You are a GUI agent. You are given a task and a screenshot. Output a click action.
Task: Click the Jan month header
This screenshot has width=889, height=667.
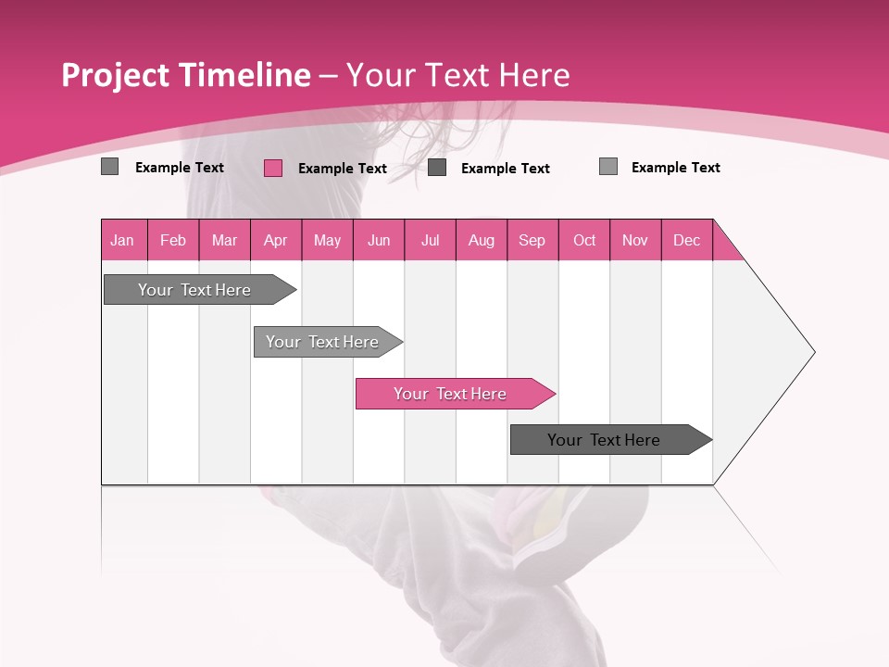tap(123, 240)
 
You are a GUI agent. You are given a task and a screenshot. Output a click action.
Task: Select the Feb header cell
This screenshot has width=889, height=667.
tap(173, 240)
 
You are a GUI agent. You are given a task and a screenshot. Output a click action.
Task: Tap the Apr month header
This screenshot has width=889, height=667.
tap(276, 240)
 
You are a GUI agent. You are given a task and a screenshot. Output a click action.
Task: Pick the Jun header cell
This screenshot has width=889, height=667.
tap(379, 240)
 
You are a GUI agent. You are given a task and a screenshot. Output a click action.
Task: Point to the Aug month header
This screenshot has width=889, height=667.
tap(482, 240)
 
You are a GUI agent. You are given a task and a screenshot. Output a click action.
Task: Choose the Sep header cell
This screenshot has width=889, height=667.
tap(532, 240)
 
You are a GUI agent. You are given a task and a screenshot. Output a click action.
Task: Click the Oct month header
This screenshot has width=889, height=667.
tap(584, 240)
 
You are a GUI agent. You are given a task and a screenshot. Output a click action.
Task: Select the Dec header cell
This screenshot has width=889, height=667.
tap(687, 240)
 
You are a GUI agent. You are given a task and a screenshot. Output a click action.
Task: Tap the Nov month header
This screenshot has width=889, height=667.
tap(635, 240)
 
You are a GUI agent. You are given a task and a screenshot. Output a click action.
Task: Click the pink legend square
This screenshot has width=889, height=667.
tap(273, 168)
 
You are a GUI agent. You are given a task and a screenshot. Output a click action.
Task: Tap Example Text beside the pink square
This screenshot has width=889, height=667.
tap(342, 169)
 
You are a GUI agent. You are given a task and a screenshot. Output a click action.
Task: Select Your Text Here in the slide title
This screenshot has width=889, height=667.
tap(457, 75)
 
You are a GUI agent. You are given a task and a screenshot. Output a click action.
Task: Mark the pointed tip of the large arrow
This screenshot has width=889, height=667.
tap(812, 352)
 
